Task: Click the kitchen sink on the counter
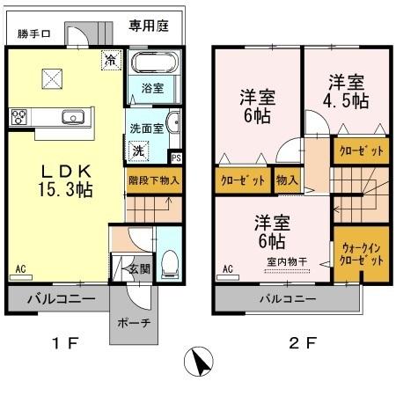(72, 117)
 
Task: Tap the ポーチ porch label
(135, 322)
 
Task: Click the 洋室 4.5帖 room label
(346, 92)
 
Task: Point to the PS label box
(176, 158)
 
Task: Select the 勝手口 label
(34, 35)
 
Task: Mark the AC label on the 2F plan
(226, 268)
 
